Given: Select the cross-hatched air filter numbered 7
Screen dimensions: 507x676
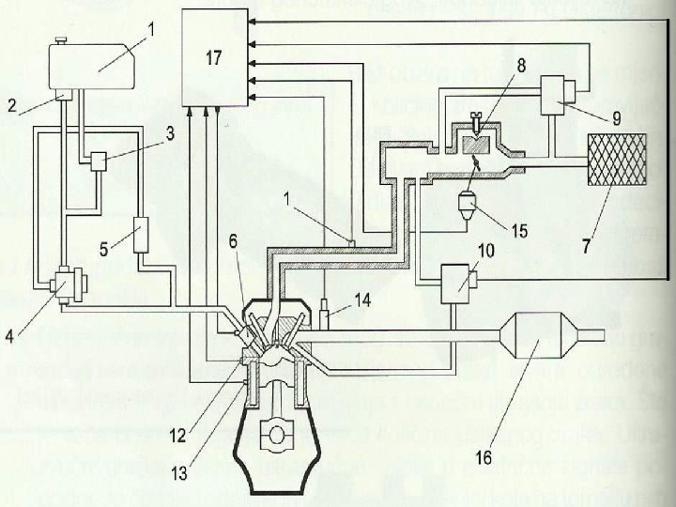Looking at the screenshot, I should (x=614, y=159).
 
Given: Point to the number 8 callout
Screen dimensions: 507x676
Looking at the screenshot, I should (x=521, y=66).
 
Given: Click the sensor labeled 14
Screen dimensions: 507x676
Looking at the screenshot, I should (x=324, y=310).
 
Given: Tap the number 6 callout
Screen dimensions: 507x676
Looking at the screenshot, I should (x=233, y=242).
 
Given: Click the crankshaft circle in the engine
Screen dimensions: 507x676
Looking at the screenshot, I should (x=279, y=437).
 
